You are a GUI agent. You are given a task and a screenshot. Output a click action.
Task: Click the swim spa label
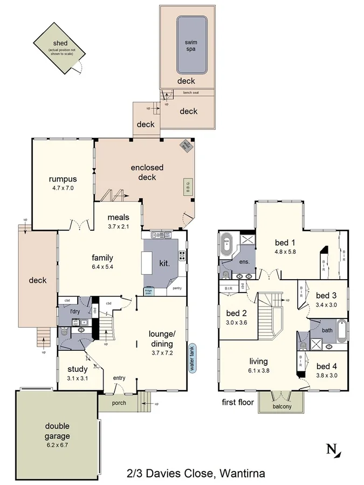[191, 45]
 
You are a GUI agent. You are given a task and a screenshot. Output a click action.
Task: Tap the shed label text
[60, 44]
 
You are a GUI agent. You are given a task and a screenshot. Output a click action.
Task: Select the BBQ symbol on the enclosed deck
[188, 186]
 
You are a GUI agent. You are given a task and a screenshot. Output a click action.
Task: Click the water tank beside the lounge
[190, 359]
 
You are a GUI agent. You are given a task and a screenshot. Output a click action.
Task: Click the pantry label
[177, 288]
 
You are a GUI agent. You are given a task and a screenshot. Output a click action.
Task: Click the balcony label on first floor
[281, 407]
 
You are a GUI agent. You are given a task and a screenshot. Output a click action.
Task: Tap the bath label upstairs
[327, 330]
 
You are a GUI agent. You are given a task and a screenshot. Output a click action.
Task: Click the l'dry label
[75, 311]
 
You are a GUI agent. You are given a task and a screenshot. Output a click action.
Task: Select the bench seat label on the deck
[190, 93]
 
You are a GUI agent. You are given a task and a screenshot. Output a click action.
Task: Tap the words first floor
[237, 402]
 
